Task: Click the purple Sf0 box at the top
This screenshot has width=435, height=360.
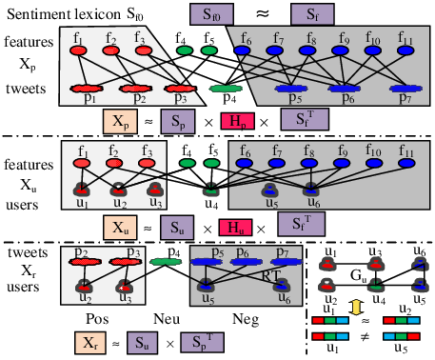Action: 211,14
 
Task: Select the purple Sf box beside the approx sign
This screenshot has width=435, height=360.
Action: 312,14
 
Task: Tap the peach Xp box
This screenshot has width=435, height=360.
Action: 120,121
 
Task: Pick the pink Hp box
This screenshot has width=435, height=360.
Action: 237,121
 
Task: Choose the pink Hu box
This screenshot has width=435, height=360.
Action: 235,228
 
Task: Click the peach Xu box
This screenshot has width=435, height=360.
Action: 120,228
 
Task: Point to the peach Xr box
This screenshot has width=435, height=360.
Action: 90,343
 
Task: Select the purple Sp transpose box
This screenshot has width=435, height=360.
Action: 203,342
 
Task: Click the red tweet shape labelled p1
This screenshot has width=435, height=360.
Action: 87,89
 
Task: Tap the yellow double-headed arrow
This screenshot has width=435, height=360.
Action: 355,307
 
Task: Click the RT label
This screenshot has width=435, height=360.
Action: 270,275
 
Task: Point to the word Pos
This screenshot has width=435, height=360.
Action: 97,319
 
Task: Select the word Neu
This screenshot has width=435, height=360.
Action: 167,319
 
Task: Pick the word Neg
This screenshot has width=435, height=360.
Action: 246,319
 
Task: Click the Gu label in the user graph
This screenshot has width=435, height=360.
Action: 359,275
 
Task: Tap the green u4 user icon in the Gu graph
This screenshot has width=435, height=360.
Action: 376,285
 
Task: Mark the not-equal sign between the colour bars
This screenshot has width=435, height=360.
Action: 366,336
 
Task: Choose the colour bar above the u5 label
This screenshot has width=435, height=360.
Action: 402,336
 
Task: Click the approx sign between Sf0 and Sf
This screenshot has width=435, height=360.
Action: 263,13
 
